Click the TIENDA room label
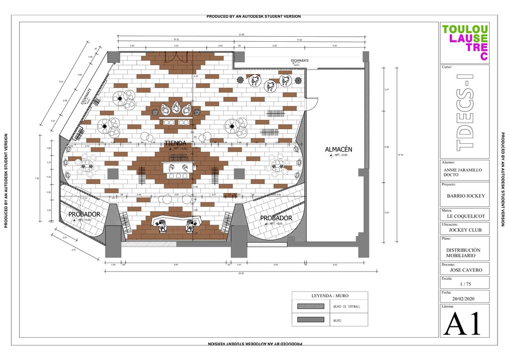[175, 143]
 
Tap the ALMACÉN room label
[339, 149]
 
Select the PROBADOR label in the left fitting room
[85, 214]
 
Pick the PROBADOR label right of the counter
[276, 218]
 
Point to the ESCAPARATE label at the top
[300, 61]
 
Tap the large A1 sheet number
[463, 324]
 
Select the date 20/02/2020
[464, 299]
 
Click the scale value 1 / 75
[465, 284]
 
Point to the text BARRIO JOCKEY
[465, 196]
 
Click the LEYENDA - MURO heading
[330, 296]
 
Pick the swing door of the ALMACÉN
[312, 103]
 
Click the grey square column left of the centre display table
[113, 174]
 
